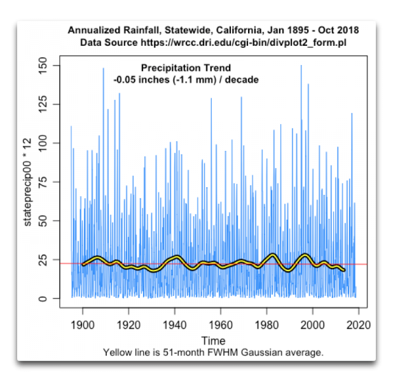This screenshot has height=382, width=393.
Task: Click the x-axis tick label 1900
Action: click(x=82, y=324)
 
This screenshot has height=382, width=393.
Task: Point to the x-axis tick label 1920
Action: click(x=128, y=324)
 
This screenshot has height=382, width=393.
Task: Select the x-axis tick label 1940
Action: click(x=174, y=324)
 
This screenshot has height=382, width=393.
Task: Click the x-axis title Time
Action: click(x=213, y=341)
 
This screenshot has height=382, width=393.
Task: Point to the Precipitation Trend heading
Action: click(x=186, y=68)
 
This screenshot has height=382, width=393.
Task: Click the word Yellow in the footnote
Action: click(x=118, y=352)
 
